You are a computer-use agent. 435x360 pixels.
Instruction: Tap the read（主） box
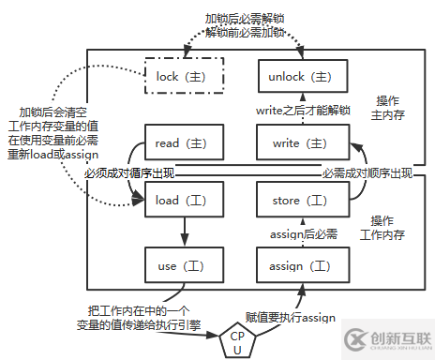(x=184, y=143)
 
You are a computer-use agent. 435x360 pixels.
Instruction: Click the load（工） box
(x=184, y=201)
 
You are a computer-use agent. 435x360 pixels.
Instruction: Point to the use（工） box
(x=184, y=266)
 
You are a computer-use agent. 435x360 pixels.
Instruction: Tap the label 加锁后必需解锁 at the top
(x=246, y=18)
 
